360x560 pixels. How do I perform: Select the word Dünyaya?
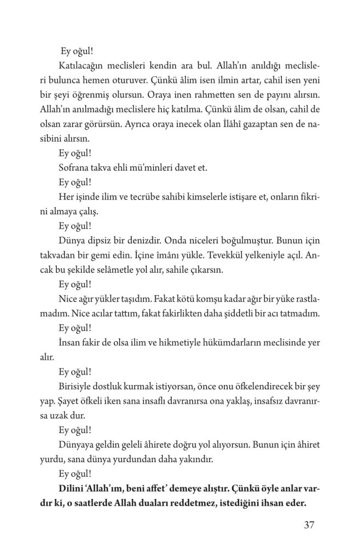[x=76, y=444]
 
